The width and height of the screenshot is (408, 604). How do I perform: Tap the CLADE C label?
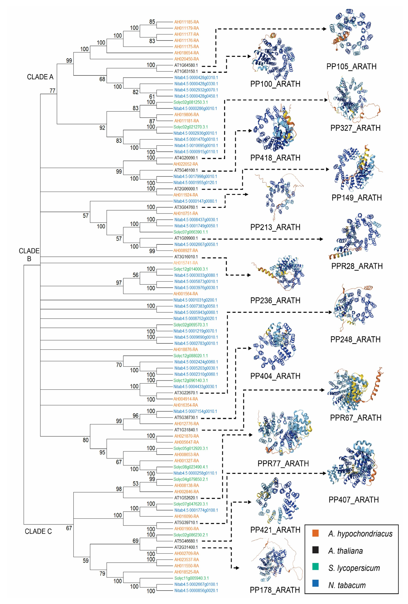click(x=38, y=531)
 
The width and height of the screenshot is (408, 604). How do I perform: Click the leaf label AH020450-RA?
click(x=187, y=59)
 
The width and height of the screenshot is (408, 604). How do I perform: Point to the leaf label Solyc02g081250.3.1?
click(x=191, y=102)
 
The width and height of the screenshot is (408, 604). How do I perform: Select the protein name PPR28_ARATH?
click(x=357, y=266)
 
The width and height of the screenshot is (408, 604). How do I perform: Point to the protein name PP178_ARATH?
click(x=275, y=590)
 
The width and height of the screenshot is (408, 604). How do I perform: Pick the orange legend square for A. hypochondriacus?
click(x=315, y=533)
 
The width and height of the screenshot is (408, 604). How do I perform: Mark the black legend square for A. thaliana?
click(x=315, y=550)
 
